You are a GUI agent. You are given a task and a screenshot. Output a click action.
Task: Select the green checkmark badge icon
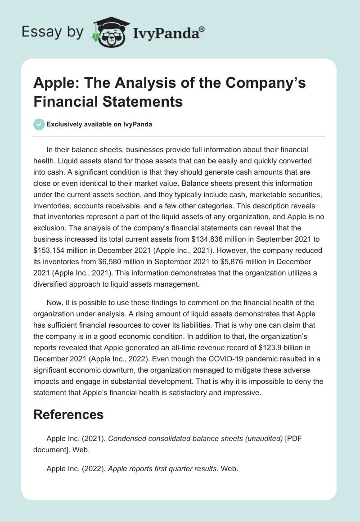pos(39,124)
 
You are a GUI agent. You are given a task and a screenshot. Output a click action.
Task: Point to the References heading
pos(68,414)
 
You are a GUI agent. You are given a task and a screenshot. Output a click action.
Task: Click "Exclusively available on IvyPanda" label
pos(99,124)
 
